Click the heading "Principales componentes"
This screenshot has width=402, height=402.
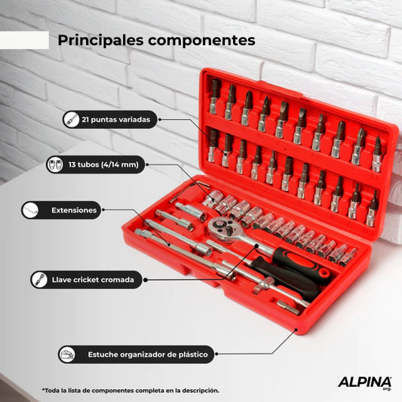156,39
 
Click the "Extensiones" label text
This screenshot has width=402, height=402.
73,210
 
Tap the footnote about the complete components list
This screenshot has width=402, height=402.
130,390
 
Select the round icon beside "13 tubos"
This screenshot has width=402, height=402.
55,164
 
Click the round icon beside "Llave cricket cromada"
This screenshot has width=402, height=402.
36,280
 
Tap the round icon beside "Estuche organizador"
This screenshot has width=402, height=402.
68,353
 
